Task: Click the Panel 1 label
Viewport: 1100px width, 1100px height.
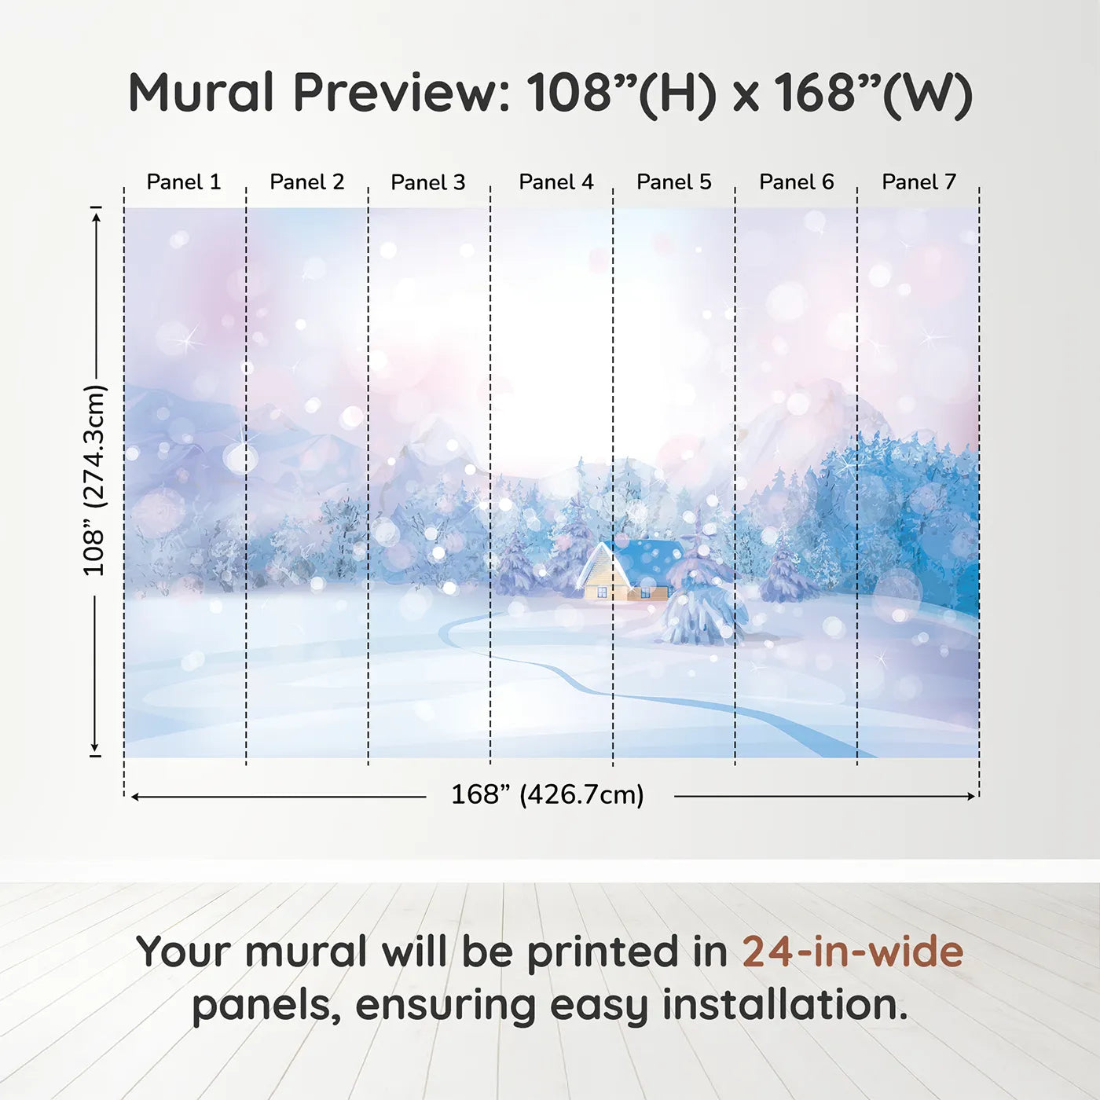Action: [184, 182]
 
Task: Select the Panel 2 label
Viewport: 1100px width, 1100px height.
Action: [307, 182]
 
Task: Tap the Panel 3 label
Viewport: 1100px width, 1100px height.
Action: [428, 182]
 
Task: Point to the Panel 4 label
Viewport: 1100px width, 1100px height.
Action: [556, 182]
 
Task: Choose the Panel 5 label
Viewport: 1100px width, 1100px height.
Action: [674, 182]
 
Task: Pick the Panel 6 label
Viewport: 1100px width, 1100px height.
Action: [797, 182]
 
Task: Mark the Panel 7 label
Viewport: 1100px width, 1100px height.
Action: [919, 182]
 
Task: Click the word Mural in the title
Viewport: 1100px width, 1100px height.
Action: [201, 93]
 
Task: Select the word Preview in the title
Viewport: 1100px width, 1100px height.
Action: [401, 93]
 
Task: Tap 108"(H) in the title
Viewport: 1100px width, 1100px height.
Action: [621, 93]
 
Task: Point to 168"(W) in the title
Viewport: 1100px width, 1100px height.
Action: [873, 93]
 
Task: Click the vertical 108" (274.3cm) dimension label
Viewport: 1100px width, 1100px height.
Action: [94, 480]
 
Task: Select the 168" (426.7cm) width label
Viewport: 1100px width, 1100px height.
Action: [548, 795]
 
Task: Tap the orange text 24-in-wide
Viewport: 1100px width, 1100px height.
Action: [852, 951]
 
